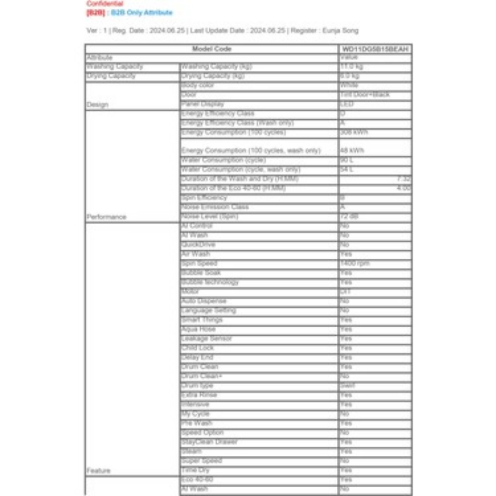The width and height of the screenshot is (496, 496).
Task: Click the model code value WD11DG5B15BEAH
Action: [x=375, y=48]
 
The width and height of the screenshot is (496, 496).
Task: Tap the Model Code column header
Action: [x=211, y=48]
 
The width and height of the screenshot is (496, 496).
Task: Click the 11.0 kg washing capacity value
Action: [x=351, y=66]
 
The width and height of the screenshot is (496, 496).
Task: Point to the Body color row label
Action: [x=198, y=85]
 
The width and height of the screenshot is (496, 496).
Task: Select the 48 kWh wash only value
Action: [x=352, y=151]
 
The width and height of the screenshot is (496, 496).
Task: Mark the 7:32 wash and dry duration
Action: [x=404, y=179]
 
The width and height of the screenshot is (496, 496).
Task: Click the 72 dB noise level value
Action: [x=348, y=216]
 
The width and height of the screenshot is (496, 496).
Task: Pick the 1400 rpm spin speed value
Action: [x=355, y=263]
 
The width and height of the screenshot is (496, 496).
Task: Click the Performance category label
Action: [x=106, y=217]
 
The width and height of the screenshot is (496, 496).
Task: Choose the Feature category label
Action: [x=98, y=471]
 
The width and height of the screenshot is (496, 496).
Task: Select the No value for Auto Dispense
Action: [x=344, y=301]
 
